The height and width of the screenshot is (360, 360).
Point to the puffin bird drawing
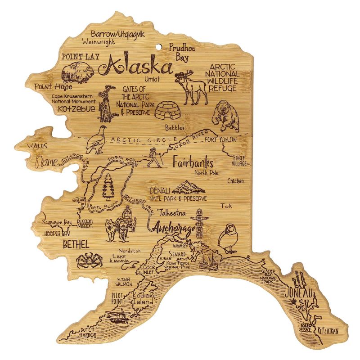[227, 237]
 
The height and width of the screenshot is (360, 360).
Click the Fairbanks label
[192, 163]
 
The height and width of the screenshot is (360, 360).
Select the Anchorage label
[174, 229]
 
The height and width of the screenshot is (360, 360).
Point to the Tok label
[226, 206]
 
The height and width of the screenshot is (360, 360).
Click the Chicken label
[235, 181]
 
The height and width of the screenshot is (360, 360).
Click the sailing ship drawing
[208, 261]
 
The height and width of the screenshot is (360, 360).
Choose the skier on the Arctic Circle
[154, 158]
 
